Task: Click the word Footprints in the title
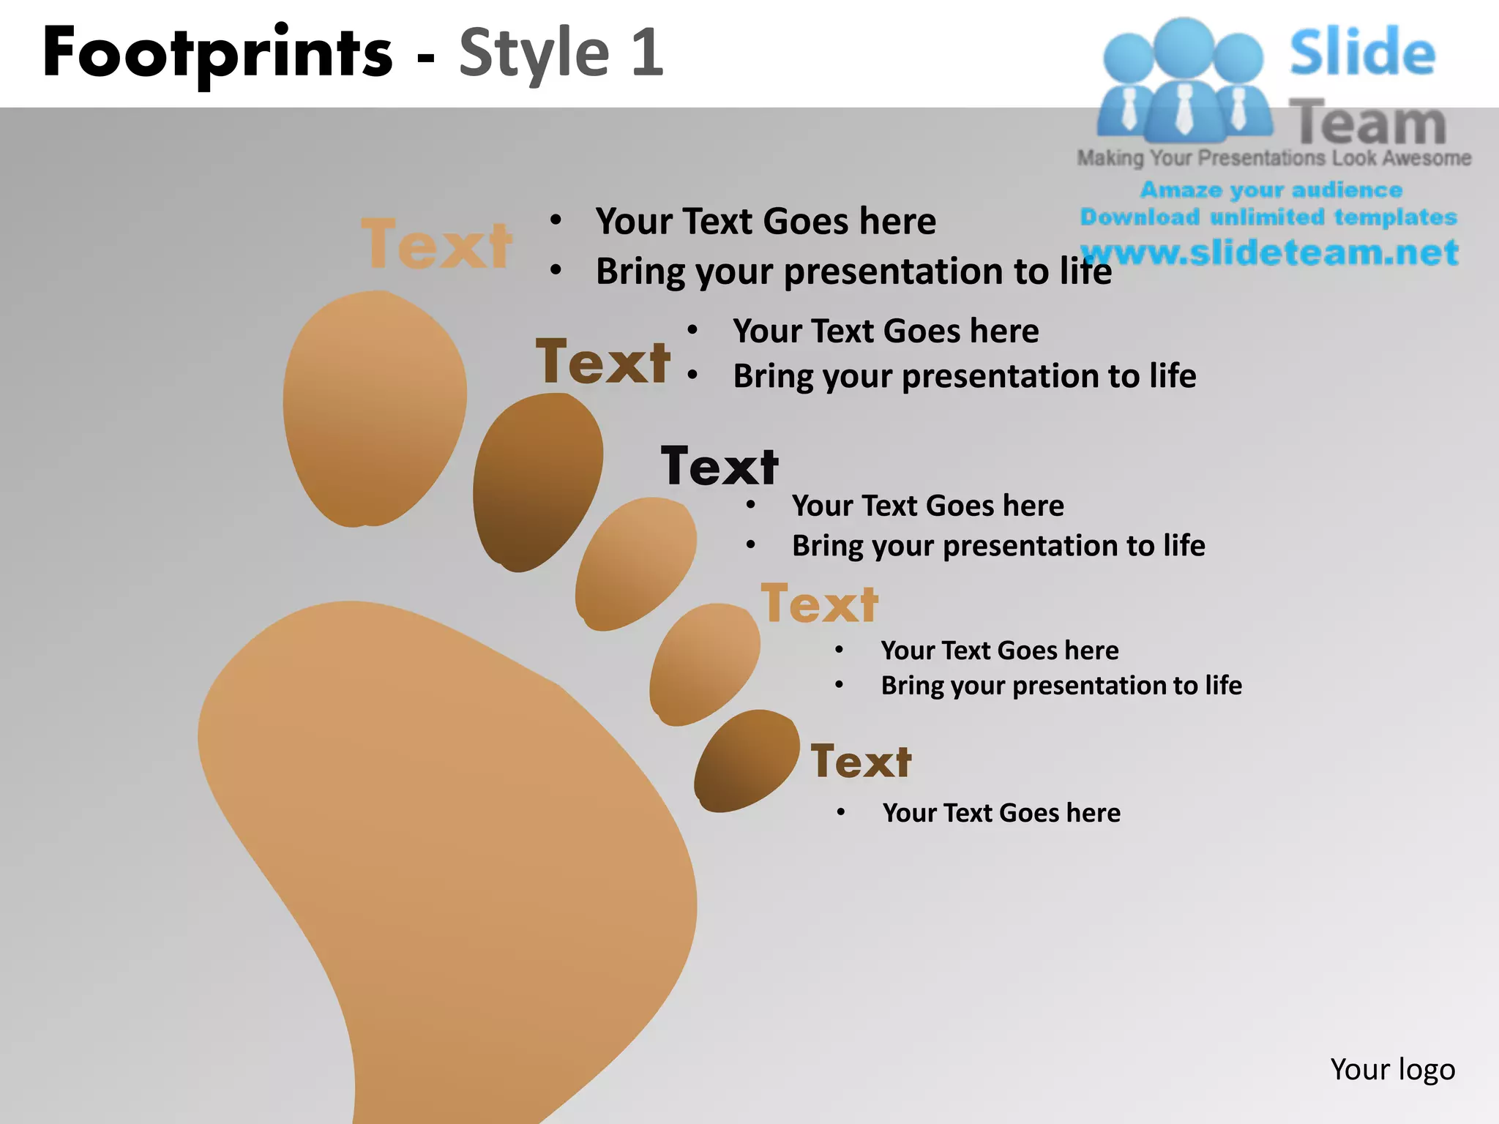pyautogui.click(x=217, y=53)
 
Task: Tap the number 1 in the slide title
pyautogui.click(x=648, y=53)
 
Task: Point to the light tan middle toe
pyautogui.click(x=635, y=563)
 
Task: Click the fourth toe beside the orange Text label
pyautogui.click(x=704, y=664)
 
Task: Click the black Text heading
pyautogui.click(x=719, y=466)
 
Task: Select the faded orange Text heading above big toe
pyautogui.click(x=437, y=244)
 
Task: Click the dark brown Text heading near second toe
pyautogui.click(x=603, y=361)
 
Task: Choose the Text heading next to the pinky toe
pyautogui.click(x=861, y=761)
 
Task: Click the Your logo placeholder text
pyautogui.click(x=1392, y=1069)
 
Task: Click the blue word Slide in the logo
pyautogui.click(x=1362, y=53)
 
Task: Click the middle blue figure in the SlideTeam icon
pyautogui.click(x=1184, y=80)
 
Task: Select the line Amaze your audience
pyautogui.click(x=1271, y=190)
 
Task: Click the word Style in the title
pyautogui.click(x=534, y=53)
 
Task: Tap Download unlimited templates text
pyautogui.click(x=1268, y=217)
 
